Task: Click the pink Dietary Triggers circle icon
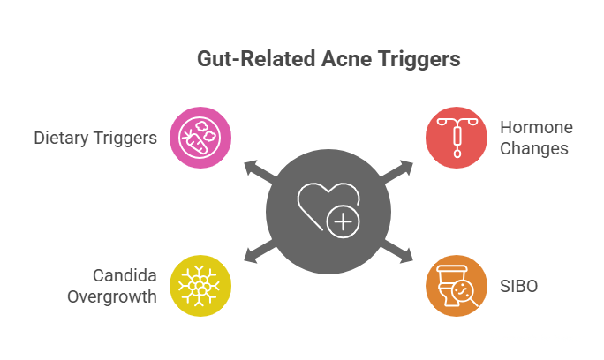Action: (200, 137)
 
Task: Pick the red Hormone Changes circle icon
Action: (456, 137)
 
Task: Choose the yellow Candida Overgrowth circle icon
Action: (200, 285)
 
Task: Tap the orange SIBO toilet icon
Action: (456, 285)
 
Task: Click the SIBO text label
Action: (520, 285)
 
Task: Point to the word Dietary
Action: (63, 138)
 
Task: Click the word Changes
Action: (534, 148)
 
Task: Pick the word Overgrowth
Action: (112, 296)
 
